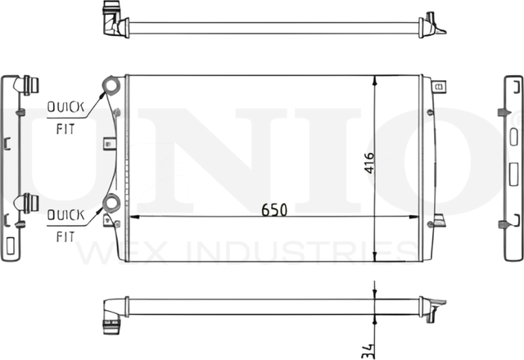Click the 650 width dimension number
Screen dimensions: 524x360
[274, 209]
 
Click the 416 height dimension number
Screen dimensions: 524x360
[369, 163]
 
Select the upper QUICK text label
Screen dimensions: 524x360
[65, 107]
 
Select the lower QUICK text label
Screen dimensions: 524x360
[65, 214]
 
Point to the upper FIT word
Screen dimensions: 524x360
[65, 129]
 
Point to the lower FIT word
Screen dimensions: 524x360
[65, 236]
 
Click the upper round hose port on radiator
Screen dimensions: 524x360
[111, 85]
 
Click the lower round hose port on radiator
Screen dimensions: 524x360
[111, 203]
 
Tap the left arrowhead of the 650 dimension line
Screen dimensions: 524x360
[134, 217]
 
